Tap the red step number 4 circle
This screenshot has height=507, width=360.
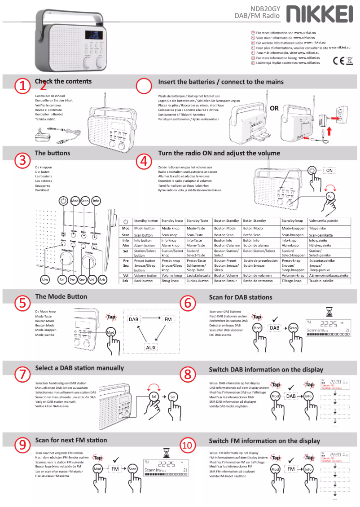(144, 161)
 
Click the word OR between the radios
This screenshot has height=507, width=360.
(274, 108)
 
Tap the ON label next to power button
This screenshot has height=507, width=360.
(329, 171)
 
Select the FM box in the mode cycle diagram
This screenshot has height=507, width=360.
(168, 319)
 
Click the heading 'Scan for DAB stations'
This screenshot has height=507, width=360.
(241, 297)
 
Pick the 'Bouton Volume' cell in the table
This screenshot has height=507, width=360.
(226, 275)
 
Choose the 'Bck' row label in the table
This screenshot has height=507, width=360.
(126, 281)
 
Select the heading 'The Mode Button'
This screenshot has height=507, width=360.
(61, 296)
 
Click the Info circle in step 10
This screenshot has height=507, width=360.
(308, 469)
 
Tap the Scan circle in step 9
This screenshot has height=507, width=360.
(132, 469)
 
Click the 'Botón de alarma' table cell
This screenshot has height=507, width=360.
(257, 246)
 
